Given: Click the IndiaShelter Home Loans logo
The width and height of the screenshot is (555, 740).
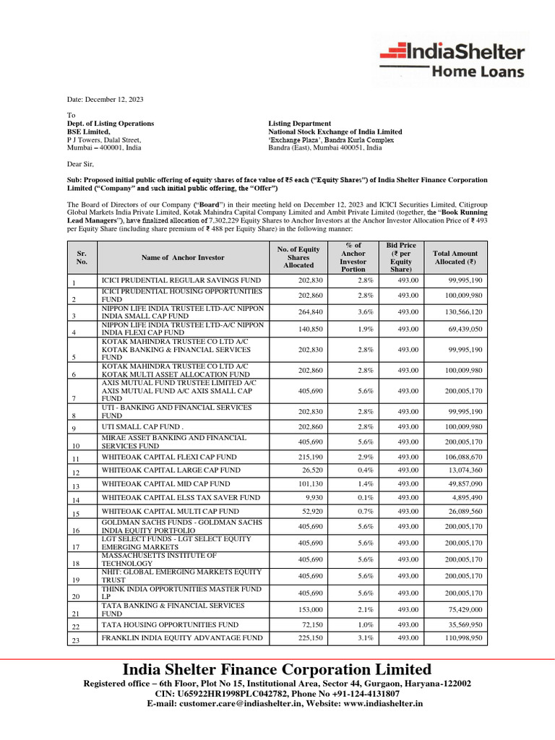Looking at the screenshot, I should pyautogui.click(x=452, y=59).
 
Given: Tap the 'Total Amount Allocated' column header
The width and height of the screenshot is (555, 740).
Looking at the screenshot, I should pyautogui.click(x=460, y=257).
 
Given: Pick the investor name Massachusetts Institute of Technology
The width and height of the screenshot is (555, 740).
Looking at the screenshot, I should pyautogui.click(x=159, y=559).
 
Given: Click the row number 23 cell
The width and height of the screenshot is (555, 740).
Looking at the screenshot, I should pyautogui.click(x=76, y=640).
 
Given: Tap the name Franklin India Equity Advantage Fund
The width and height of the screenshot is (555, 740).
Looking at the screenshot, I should pyautogui.click(x=181, y=638).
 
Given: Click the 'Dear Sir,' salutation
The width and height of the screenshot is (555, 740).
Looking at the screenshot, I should pyautogui.click(x=80, y=164).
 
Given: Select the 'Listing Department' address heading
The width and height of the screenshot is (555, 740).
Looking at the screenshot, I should pyautogui.click(x=299, y=124).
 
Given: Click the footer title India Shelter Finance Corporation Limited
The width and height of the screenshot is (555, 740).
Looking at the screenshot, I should pyautogui.click(x=277, y=669).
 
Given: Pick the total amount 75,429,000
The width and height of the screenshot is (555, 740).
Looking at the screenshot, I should pyautogui.click(x=462, y=609).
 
